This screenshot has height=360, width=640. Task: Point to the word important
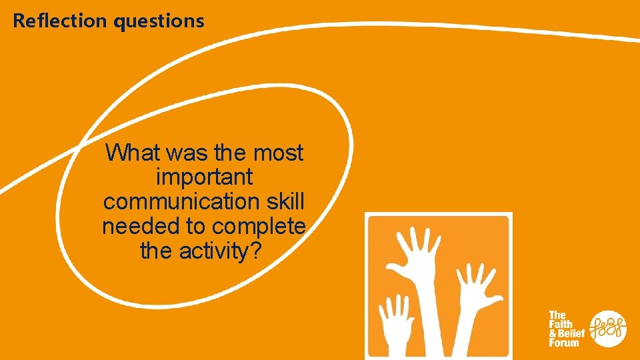pos(204,177)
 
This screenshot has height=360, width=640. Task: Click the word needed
pos(142,227)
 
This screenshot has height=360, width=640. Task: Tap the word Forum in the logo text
pos(563,343)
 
